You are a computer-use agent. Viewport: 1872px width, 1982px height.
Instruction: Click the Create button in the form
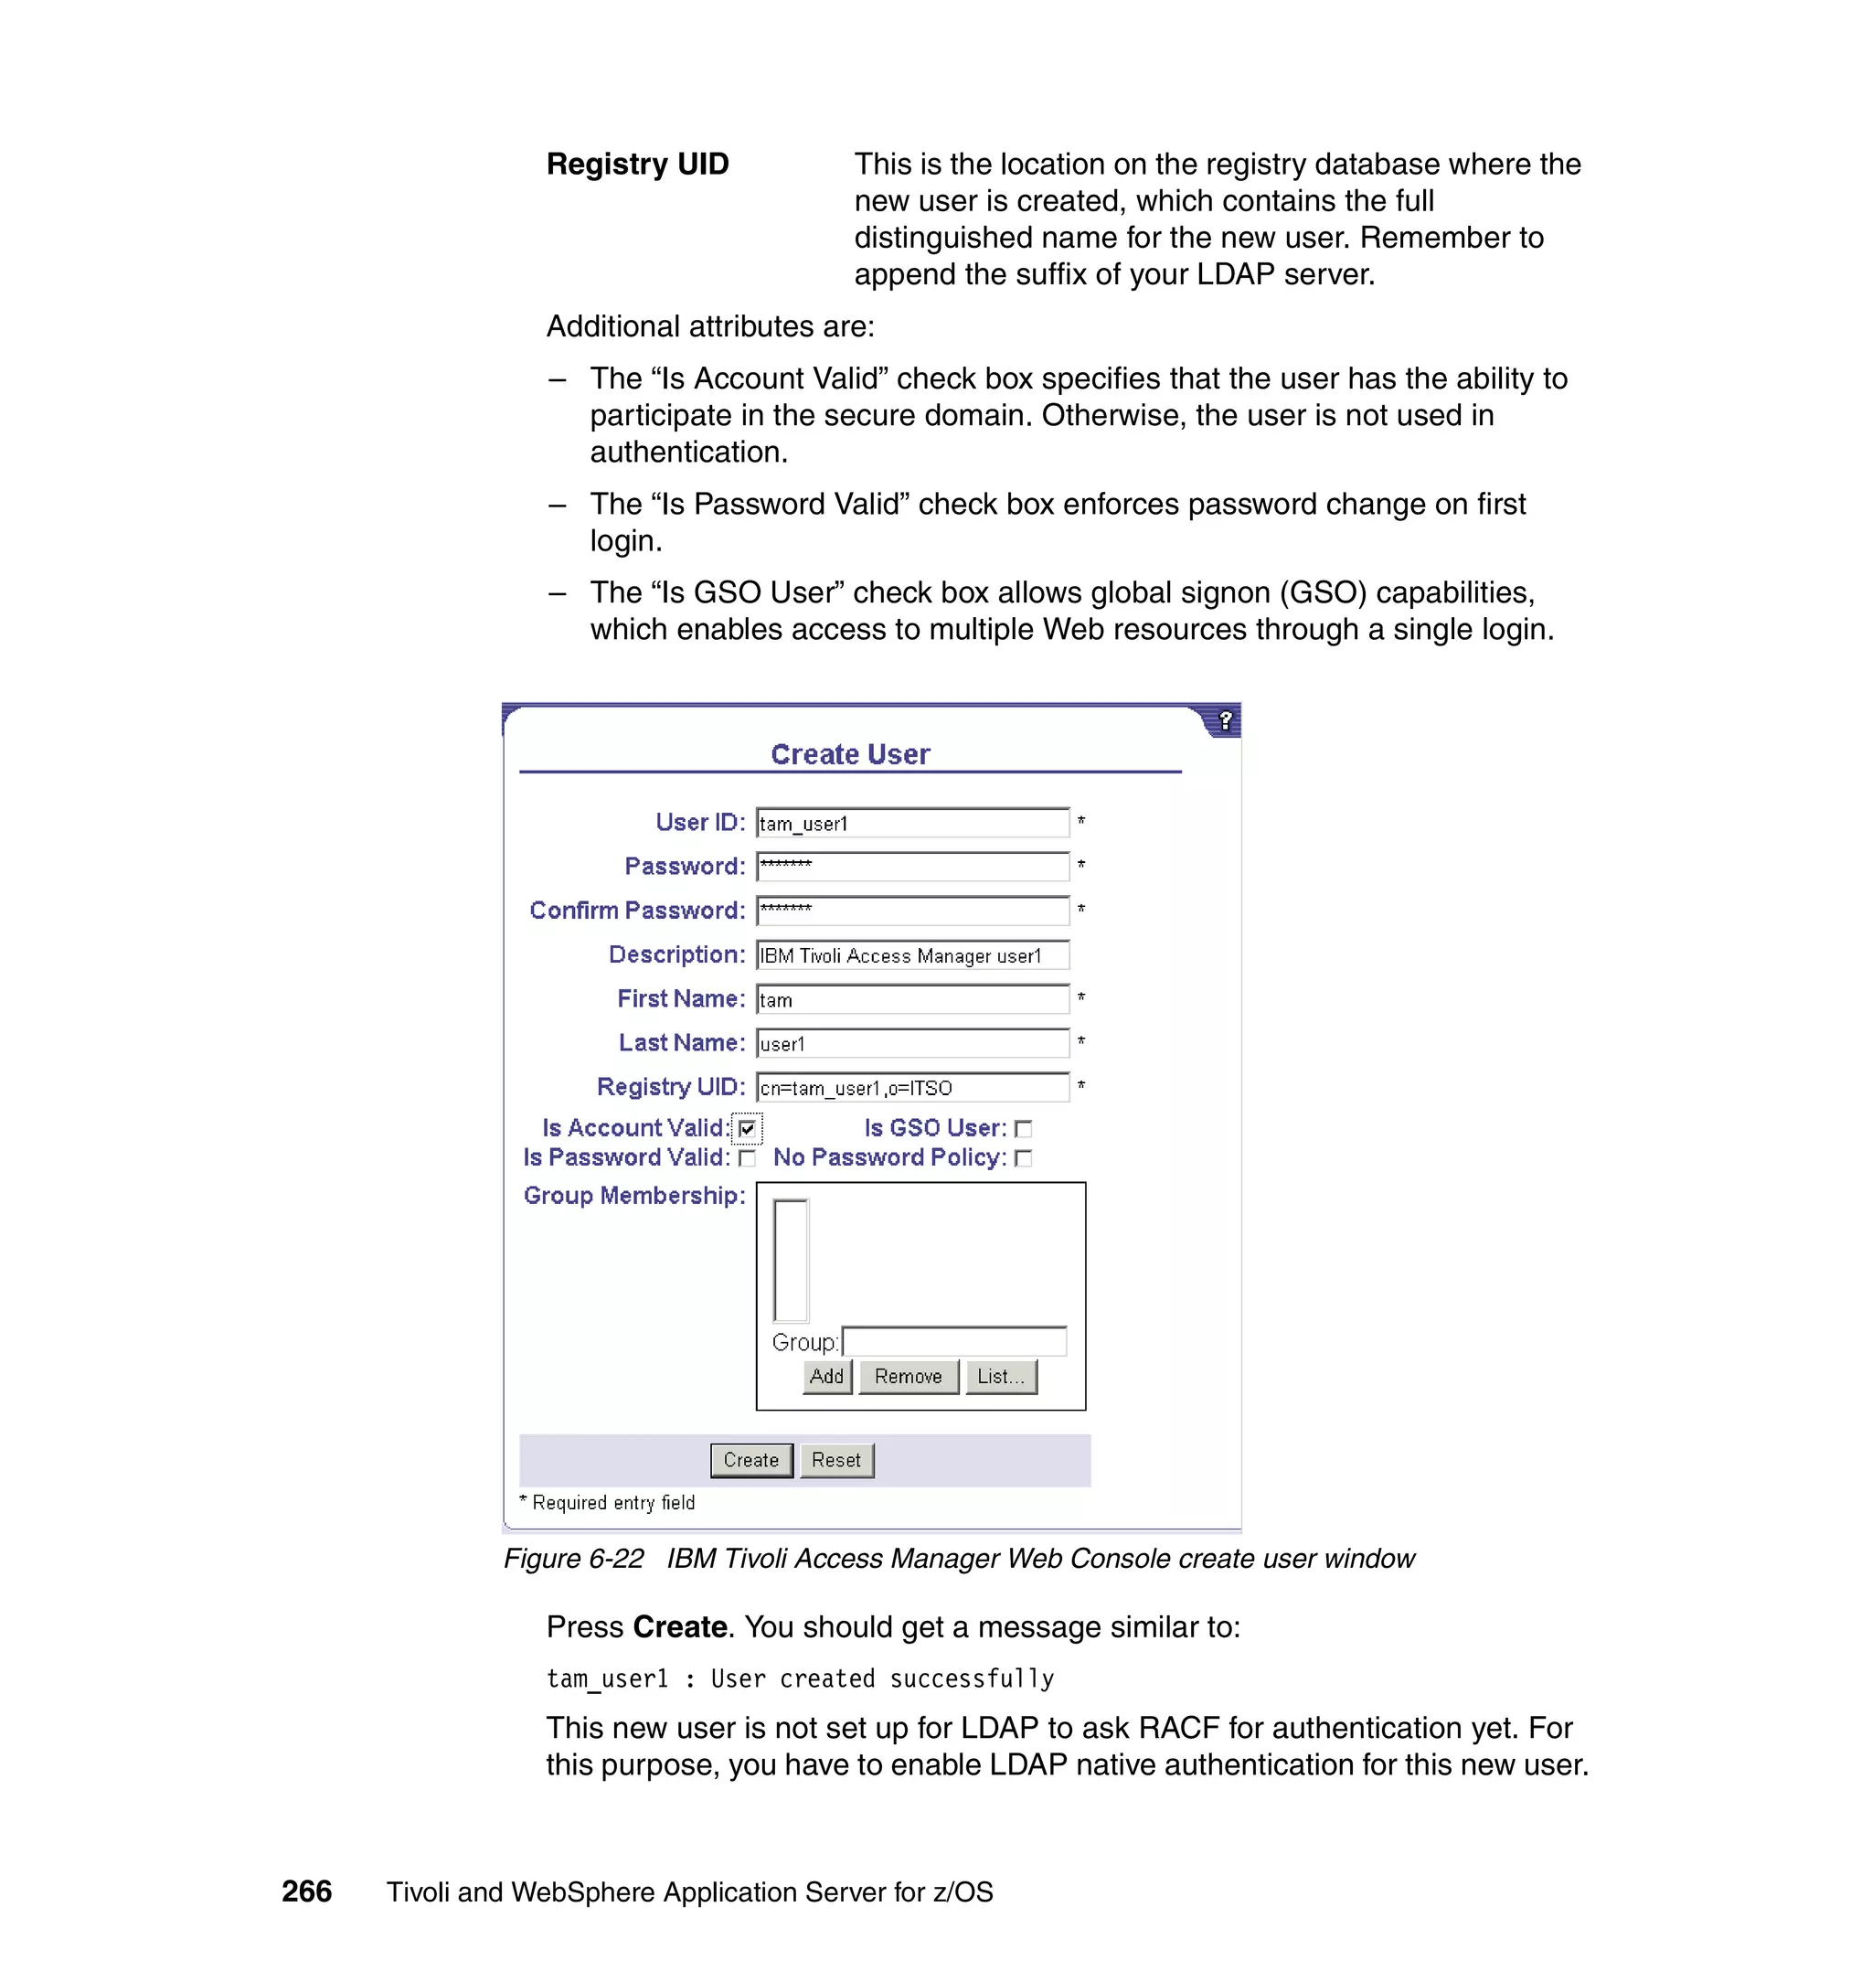[750, 1460]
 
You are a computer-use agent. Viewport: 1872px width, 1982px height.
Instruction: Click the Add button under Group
[826, 1376]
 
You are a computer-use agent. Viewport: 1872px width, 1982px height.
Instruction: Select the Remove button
[907, 1376]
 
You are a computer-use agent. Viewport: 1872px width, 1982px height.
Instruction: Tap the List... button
[1000, 1376]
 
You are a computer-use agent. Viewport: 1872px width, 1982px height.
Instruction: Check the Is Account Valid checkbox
[748, 1129]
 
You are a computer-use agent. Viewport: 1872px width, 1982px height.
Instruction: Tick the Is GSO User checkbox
[1023, 1129]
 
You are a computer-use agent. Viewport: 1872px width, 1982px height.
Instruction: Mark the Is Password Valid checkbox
[748, 1157]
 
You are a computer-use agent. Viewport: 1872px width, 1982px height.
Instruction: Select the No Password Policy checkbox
[1023, 1157]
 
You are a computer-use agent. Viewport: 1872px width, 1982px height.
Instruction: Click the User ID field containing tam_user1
[911, 824]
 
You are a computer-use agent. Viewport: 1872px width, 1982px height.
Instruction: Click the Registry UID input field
[911, 1088]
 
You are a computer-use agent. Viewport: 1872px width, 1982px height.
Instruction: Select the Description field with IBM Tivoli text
[911, 955]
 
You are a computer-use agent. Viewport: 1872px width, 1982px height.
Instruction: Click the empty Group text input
[954, 1341]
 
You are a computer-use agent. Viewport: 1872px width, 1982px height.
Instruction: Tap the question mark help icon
[1226, 720]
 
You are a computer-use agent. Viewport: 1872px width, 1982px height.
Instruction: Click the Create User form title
[849, 754]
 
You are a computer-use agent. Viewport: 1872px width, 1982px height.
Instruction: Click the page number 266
[306, 1891]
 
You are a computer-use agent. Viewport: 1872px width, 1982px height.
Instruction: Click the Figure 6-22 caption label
[573, 1559]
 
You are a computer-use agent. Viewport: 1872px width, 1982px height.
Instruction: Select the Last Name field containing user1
[911, 1044]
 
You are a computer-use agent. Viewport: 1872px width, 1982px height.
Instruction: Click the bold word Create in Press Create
[679, 1627]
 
